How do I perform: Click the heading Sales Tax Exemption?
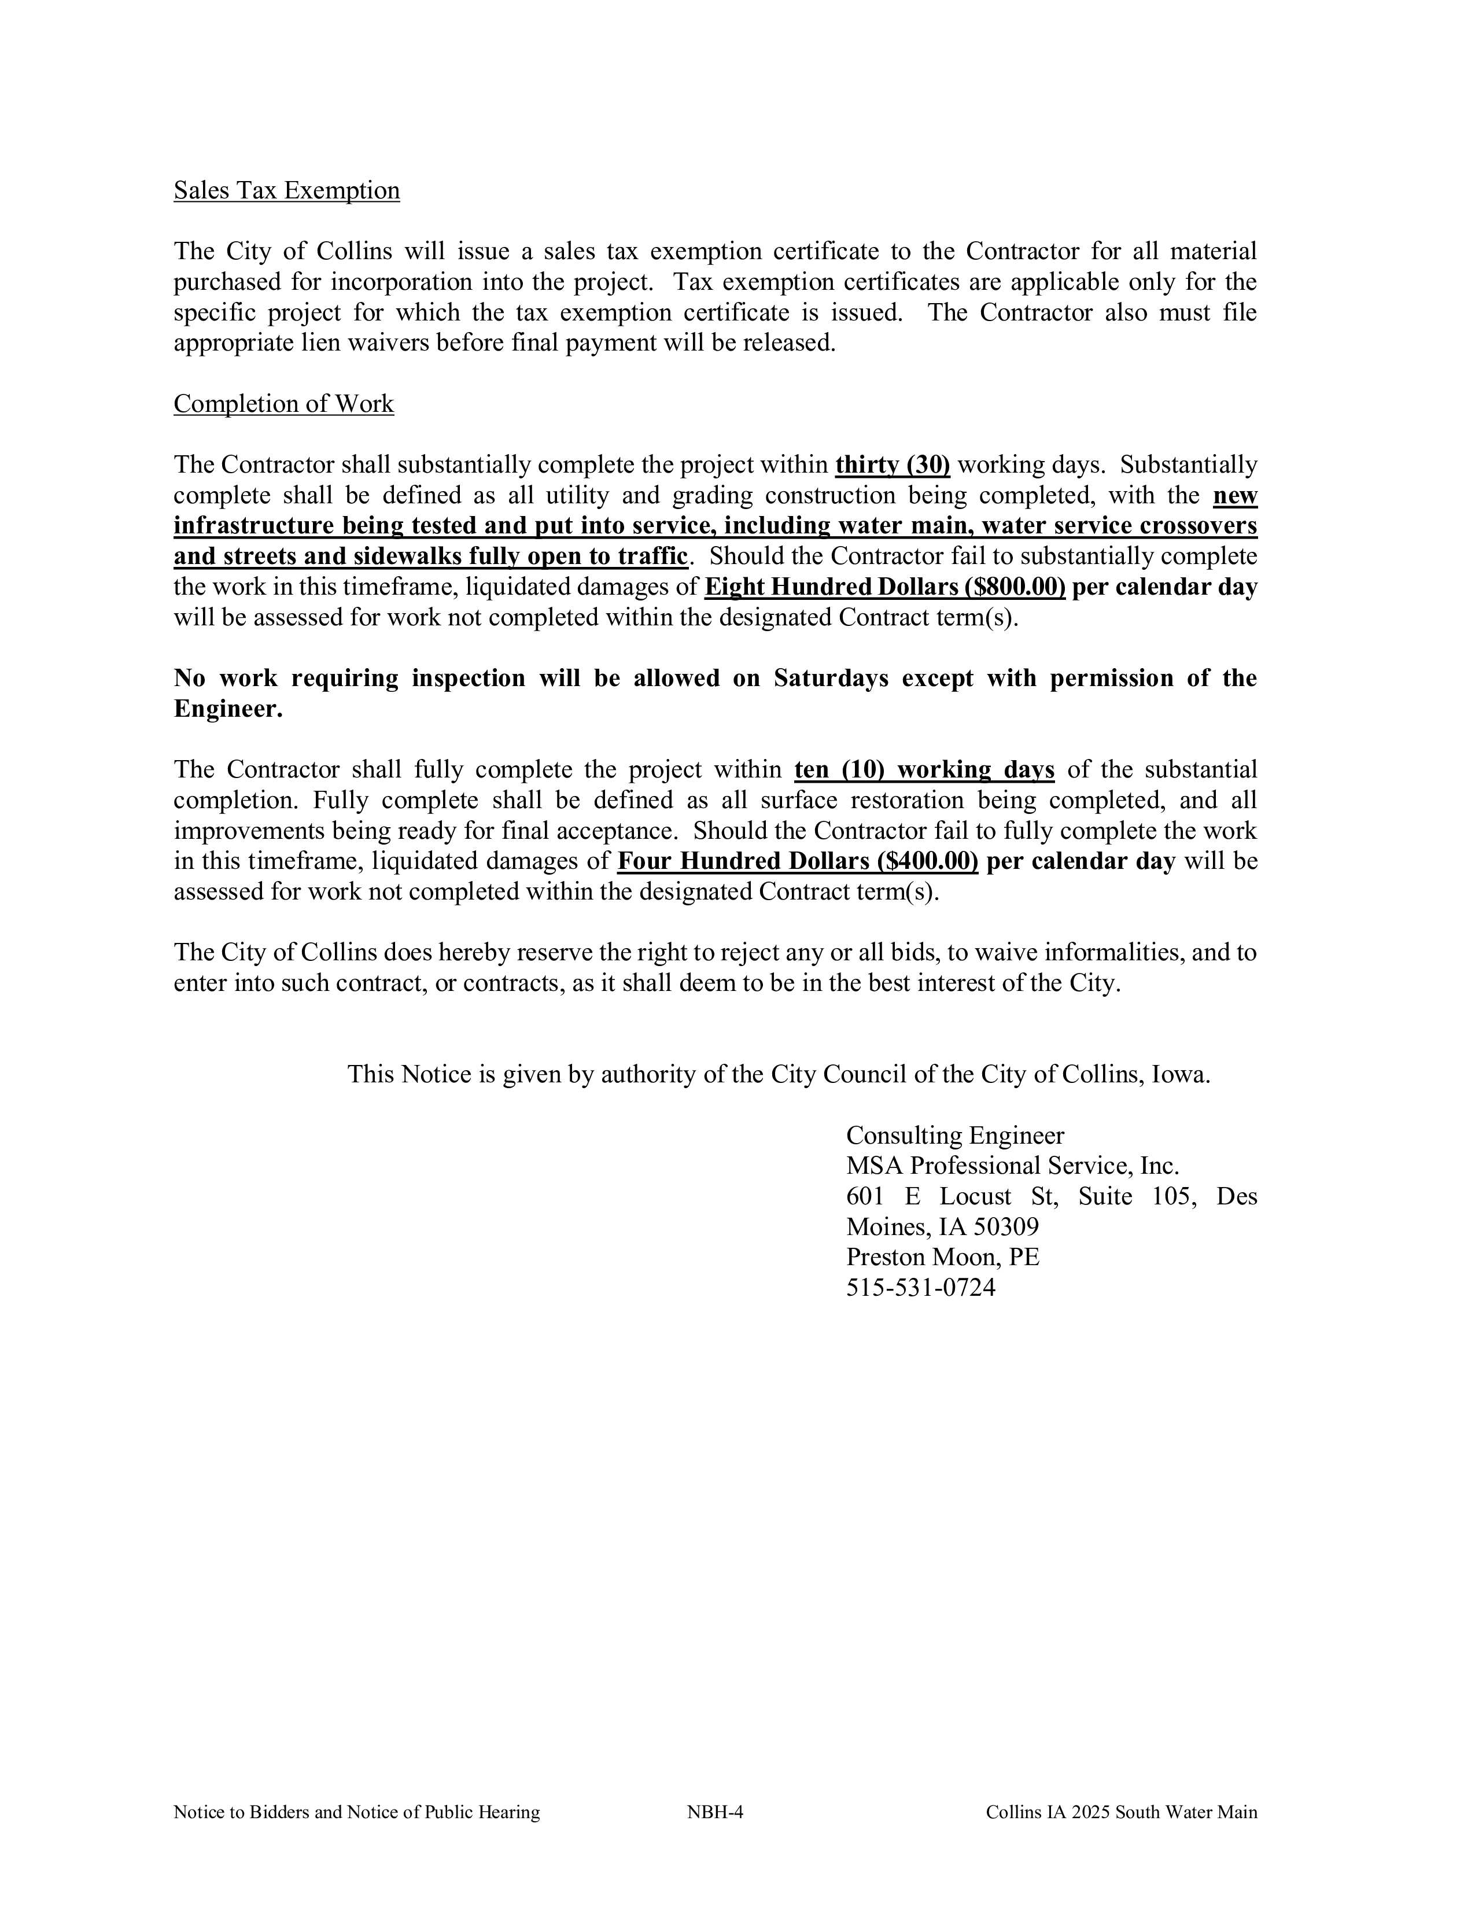pyautogui.click(x=286, y=190)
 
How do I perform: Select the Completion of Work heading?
pyautogui.click(x=283, y=404)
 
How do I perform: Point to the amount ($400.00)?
pyautogui.click(x=929, y=861)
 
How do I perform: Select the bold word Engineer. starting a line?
pyautogui.click(x=228, y=709)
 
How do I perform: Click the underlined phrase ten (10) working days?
pyautogui.click(x=924, y=769)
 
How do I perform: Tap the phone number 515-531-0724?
pyautogui.click(x=920, y=1288)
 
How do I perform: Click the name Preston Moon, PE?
pyautogui.click(x=942, y=1257)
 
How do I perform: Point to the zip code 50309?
pyautogui.click(x=1006, y=1227)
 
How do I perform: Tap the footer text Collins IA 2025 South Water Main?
pyautogui.click(x=1121, y=1812)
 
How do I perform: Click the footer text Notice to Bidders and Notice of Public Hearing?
pyautogui.click(x=356, y=1812)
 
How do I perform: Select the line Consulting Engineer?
pyautogui.click(x=954, y=1136)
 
